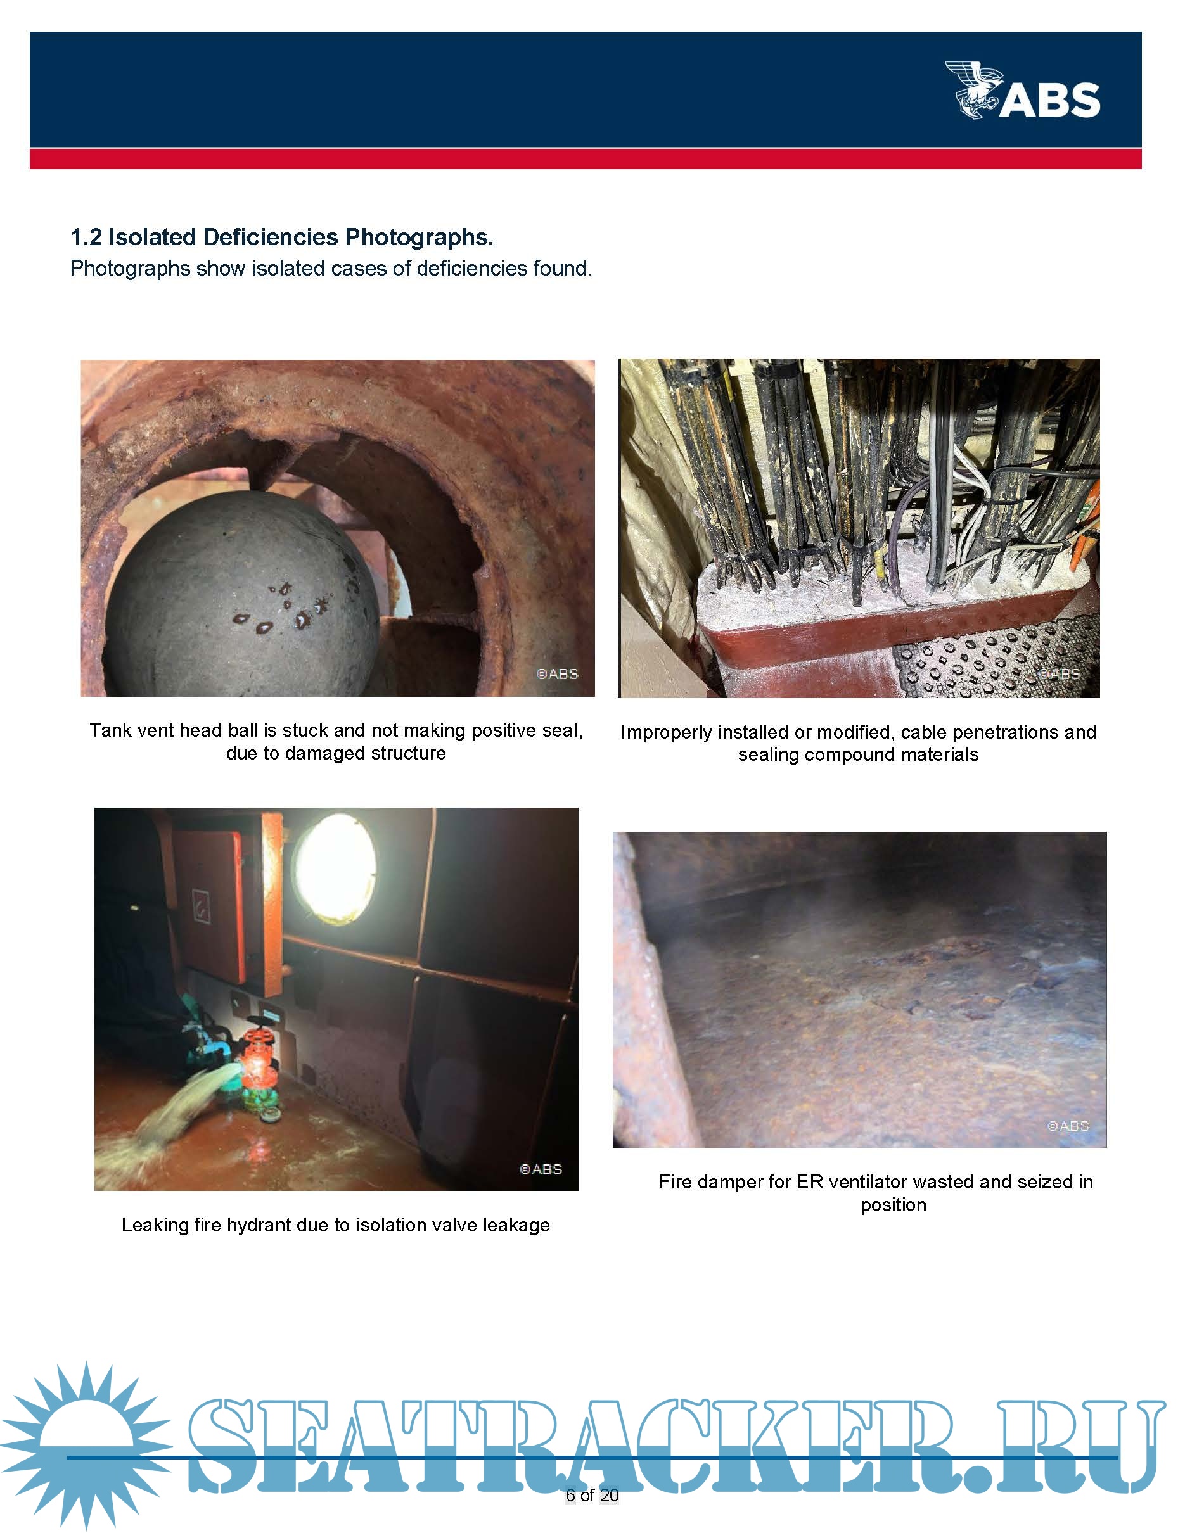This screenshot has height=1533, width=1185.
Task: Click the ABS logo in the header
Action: [1022, 90]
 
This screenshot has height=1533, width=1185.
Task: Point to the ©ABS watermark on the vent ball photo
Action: [557, 674]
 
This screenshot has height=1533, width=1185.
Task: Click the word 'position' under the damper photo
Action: [893, 1205]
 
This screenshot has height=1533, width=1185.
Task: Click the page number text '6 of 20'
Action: [592, 1495]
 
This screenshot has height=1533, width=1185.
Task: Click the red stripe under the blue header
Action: [586, 158]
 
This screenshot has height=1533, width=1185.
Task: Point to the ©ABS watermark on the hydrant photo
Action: [541, 1169]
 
